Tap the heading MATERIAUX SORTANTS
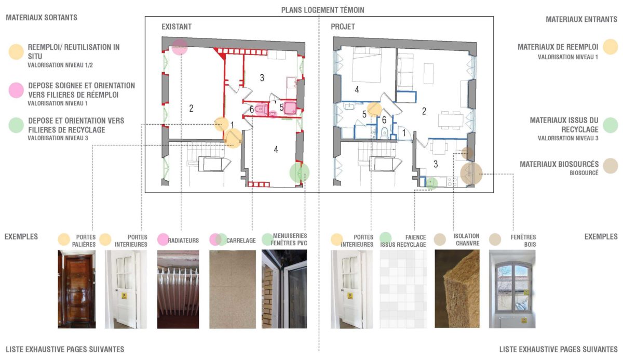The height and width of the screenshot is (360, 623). coord(42,18)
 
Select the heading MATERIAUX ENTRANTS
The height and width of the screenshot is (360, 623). coord(581,19)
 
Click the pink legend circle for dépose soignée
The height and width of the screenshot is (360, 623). coord(17,89)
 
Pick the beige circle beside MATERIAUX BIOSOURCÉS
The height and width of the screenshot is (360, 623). coord(610,166)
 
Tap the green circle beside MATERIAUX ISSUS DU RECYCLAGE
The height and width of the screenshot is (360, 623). coord(610,125)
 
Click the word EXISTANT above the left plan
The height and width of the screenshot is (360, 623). coord(176,26)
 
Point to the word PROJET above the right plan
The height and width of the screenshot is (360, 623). coord(343,26)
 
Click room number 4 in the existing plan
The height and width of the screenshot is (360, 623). coord(276,150)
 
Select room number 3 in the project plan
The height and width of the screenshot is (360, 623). coord(436,164)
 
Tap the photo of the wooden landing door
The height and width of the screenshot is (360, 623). coord(76,289)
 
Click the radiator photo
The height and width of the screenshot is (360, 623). coord(178,289)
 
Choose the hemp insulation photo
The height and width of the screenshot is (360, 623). coord(457,289)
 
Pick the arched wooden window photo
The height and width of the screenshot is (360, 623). coord(512,289)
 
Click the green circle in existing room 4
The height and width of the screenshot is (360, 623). coord(299,171)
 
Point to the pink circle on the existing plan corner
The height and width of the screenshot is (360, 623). coord(180,46)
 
